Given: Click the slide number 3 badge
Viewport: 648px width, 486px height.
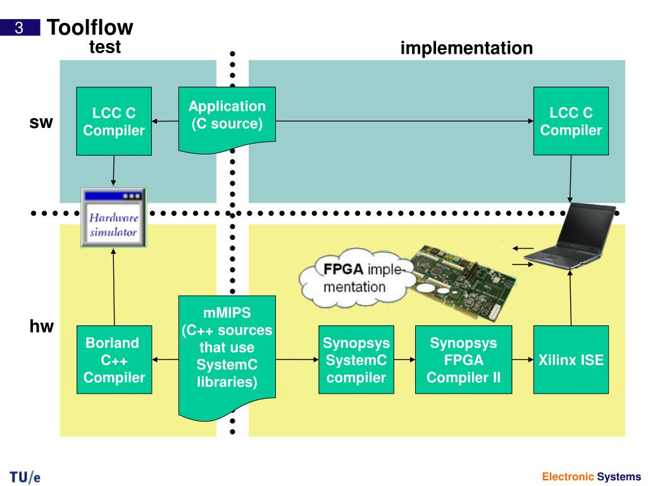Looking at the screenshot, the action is click(20, 28).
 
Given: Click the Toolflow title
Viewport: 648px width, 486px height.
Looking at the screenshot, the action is click(90, 28).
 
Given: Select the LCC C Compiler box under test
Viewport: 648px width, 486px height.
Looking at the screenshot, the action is click(114, 121).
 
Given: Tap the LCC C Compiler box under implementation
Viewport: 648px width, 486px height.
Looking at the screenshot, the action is click(571, 121).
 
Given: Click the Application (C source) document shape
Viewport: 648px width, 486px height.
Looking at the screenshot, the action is click(227, 120).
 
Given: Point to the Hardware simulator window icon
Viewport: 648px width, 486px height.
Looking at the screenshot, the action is click(113, 218).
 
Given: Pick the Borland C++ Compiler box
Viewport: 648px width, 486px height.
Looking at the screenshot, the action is click(114, 359).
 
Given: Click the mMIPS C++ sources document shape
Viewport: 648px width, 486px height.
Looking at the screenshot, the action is click(227, 356).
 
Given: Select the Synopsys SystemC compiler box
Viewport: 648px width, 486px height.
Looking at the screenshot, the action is click(356, 359).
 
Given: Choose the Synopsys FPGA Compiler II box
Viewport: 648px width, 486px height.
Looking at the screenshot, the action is click(463, 359).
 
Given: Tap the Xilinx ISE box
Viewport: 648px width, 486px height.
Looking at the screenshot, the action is click(571, 359).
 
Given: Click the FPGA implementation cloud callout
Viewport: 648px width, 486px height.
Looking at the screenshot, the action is click(358, 278).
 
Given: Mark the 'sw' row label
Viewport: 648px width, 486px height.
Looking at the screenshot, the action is click(41, 122).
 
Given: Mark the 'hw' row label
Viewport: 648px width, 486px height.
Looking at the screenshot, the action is click(41, 327).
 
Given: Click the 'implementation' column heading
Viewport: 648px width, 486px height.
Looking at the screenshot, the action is click(466, 48).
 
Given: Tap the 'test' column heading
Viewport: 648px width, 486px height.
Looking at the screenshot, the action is click(105, 47).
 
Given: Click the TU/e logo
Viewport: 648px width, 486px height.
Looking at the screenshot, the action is click(25, 477).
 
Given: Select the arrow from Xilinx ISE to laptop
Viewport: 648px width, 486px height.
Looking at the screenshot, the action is click(570, 298).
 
